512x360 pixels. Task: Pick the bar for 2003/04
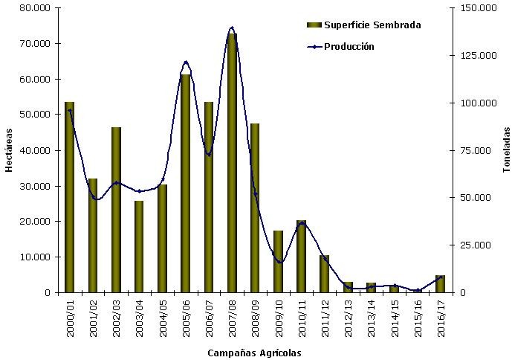click(139, 246)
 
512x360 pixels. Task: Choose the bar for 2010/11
click(301, 257)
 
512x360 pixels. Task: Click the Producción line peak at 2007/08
click(232, 28)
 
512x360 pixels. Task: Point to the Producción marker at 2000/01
click(70, 110)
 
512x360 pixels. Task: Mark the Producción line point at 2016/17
click(440, 277)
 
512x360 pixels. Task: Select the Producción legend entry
click(349, 46)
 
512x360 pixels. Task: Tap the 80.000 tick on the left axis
click(34, 7)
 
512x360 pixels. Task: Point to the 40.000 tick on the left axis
click(34, 150)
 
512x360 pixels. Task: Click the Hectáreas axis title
click(9, 150)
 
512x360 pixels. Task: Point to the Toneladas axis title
click(505, 150)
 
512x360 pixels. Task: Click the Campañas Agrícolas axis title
click(255, 353)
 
